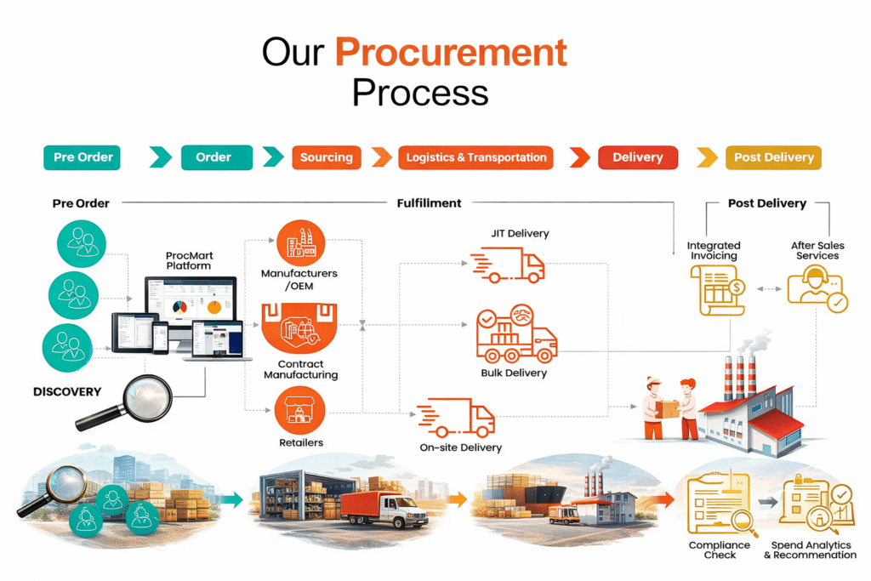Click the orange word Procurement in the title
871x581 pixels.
tap(451, 53)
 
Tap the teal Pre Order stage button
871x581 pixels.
tap(83, 157)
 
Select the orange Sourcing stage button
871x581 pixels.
tap(327, 157)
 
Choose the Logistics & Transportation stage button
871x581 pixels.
tap(475, 157)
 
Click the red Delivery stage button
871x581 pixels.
tap(637, 157)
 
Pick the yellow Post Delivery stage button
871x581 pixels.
tap(773, 157)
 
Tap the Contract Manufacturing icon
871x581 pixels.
tap(301, 331)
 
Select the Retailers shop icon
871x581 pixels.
tap(300, 411)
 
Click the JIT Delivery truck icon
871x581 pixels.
tap(509, 265)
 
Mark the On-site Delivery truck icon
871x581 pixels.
tap(457, 418)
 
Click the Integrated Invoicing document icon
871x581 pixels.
tap(716, 290)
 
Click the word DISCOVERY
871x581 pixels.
tap(67, 392)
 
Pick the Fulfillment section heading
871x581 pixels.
tap(429, 203)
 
